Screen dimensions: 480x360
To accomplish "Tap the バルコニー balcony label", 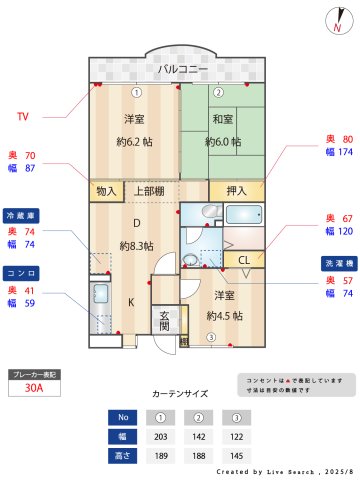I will [181, 69].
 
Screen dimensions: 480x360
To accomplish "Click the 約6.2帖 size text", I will [135, 141].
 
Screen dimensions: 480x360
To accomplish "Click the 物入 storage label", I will [106, 190].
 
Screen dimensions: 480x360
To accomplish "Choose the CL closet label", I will [244, 260].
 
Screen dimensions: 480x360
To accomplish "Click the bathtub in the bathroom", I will [243, 214].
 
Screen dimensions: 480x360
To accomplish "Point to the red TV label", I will [23, 117].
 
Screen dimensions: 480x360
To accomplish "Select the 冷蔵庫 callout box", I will [23, 215].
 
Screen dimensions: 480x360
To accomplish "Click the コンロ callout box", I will [23, 272].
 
